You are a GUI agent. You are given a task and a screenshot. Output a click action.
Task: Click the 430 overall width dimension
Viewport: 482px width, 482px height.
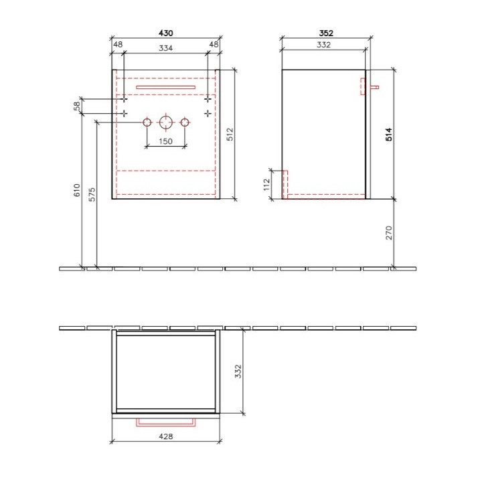click(165, 32)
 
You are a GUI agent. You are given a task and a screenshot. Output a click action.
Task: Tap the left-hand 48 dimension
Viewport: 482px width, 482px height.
click(117, 45)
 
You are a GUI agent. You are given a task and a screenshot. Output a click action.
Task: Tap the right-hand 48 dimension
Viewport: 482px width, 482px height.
click(214, 45)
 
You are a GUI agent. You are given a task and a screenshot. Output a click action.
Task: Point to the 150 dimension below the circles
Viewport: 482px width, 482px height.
click(165, 141)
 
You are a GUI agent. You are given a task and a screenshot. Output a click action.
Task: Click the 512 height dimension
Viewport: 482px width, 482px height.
click(229, 134)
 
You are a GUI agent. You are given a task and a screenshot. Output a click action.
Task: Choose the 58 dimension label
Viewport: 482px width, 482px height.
click(77, 106)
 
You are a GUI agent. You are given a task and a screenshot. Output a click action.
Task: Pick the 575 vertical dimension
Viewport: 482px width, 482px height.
click(92, 194)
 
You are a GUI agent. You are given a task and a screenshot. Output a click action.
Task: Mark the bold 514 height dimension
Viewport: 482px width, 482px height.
click(388, 135)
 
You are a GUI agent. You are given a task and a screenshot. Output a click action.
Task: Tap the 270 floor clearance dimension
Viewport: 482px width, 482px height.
click(388, 232)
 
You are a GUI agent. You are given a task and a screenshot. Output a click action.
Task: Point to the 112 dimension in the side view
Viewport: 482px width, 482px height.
click(266, 184)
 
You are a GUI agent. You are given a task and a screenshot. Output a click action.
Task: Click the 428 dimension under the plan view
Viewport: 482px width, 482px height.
click(165, 436)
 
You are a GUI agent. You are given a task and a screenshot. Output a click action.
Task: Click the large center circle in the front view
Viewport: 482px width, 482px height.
click(165, 123)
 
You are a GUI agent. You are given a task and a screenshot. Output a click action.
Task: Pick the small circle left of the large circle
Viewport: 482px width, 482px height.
click(147, 123)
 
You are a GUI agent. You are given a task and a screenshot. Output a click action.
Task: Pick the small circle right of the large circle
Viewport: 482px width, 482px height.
click(185, 123)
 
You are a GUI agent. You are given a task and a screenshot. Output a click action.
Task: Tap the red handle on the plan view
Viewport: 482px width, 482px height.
click(165, 422)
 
